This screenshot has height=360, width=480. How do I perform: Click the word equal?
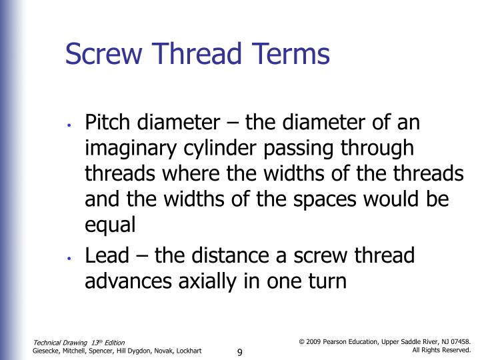coord(111,225)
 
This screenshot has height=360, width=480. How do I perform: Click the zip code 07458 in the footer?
coord(460,341)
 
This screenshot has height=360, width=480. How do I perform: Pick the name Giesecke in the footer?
coord(49,351)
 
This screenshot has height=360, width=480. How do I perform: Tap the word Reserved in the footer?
coord(453,350)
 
